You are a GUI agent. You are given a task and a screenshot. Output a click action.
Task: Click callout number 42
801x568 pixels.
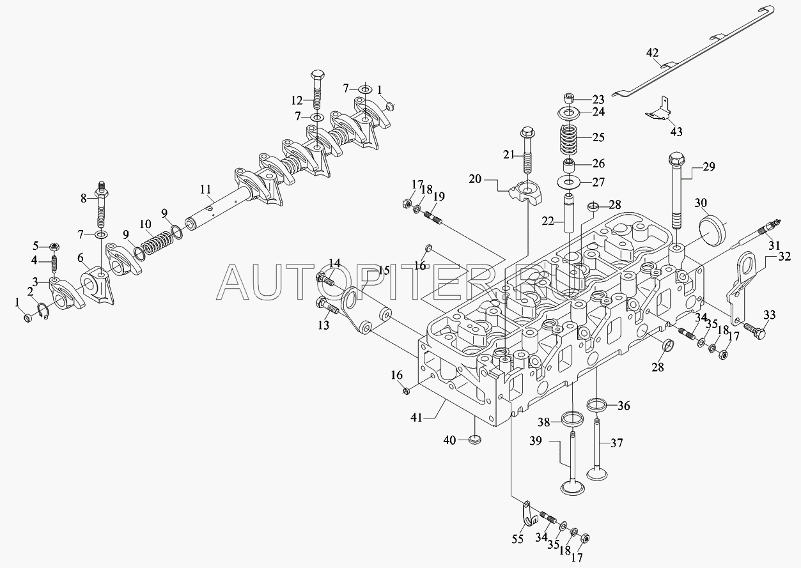(x=652, y=54)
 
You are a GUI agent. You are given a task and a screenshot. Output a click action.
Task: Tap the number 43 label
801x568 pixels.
(x=676, y=132)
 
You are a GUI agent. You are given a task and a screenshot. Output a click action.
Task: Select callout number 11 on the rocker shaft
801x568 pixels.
(x=205, y=189)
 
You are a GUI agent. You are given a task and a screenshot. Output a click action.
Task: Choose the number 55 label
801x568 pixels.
(x=518, y=539)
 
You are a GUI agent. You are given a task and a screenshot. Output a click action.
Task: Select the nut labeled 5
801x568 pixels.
(x=54, y=246)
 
